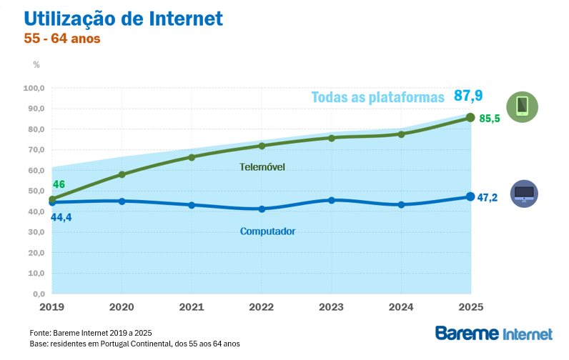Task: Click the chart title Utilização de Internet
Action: [x=124, y=18]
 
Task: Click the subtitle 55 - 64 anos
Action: [x=62, y=39]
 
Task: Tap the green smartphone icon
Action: [x=523, y=107]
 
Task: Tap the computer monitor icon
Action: [x=524, y=194]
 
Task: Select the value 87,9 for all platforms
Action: [x=469, y=96]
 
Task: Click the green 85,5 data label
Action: [x=489, y=119]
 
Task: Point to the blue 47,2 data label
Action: [x=488, y=197]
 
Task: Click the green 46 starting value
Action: [x=59, y=185]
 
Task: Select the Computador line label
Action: [x=267, y=231]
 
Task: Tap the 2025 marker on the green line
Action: [x=470, y=117]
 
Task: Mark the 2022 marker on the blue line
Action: [x=262, y=209]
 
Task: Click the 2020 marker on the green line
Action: [x=122, y=174]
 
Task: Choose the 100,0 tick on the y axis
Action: [x=34, y=89]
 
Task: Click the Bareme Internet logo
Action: [x=494, y=334]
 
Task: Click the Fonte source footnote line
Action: [x=91, y=333]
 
